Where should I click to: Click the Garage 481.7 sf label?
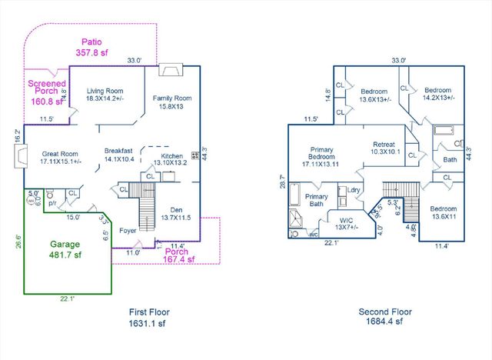(65, 249)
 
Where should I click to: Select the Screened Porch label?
(45, 92)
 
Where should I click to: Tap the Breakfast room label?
(118, 155)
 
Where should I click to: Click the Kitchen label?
(171, 159)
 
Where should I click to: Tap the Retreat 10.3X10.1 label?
(384, 148)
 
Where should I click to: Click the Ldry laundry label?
(354, 190)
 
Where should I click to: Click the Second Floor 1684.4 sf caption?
(385, 318)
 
